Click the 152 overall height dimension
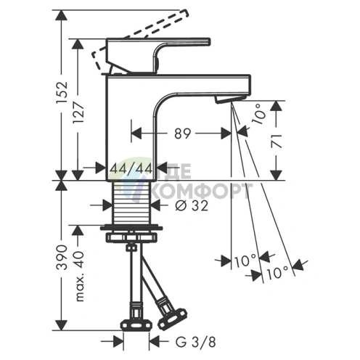point(62,93)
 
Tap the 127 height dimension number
point(78,112)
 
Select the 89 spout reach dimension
point(183,134)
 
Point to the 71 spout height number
point(277,142)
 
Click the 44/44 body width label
point(131,168)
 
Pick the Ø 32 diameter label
point(192,206)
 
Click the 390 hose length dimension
point(62,257)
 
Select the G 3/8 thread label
point(195,343)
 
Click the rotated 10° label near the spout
point(258,114)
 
